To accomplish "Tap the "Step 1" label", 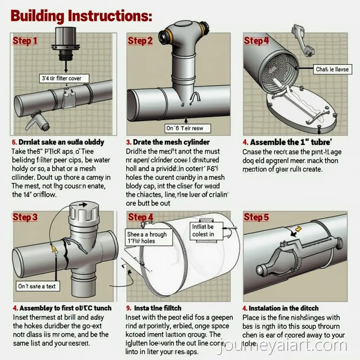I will pyautogui.click(x=25, y=41).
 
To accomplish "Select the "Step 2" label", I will pyautogui.click(x=140, y=41).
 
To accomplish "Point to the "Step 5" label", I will pyautogui.click(x=256, y=217).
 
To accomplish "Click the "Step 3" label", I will pyautogui.click(x=25, y=217).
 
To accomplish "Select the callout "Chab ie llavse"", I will pyautogui.click(x=332, y=69).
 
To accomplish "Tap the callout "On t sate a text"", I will pyautogui.click(x=37, y=286).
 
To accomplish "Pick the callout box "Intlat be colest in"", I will pyautogui.click(x=203, y=231).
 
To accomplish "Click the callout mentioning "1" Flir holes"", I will pyautogui.click(x=149, y=238).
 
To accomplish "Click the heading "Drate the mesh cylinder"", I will pyautogui.click(x=168, y=142).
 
